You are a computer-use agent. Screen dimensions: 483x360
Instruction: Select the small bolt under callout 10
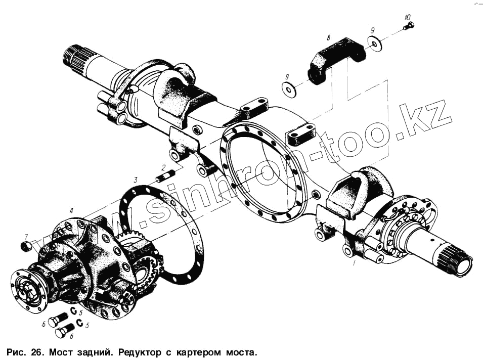point(408,25)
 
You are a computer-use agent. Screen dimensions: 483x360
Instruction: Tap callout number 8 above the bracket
point(328,37)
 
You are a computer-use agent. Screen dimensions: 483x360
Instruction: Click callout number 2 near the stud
point(164,167)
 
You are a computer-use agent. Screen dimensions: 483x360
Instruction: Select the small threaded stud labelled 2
point(165,177)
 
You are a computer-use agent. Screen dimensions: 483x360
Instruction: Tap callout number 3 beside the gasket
point(136,179)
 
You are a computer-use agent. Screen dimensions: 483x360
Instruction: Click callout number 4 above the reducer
point(71,210)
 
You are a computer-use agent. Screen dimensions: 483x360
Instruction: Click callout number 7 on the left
point(26,236)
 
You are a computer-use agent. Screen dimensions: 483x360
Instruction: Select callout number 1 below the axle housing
point(354,262)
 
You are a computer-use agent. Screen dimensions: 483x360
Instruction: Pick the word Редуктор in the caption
point(140,351)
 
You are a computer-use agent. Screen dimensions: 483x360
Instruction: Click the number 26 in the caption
point(34,351)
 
